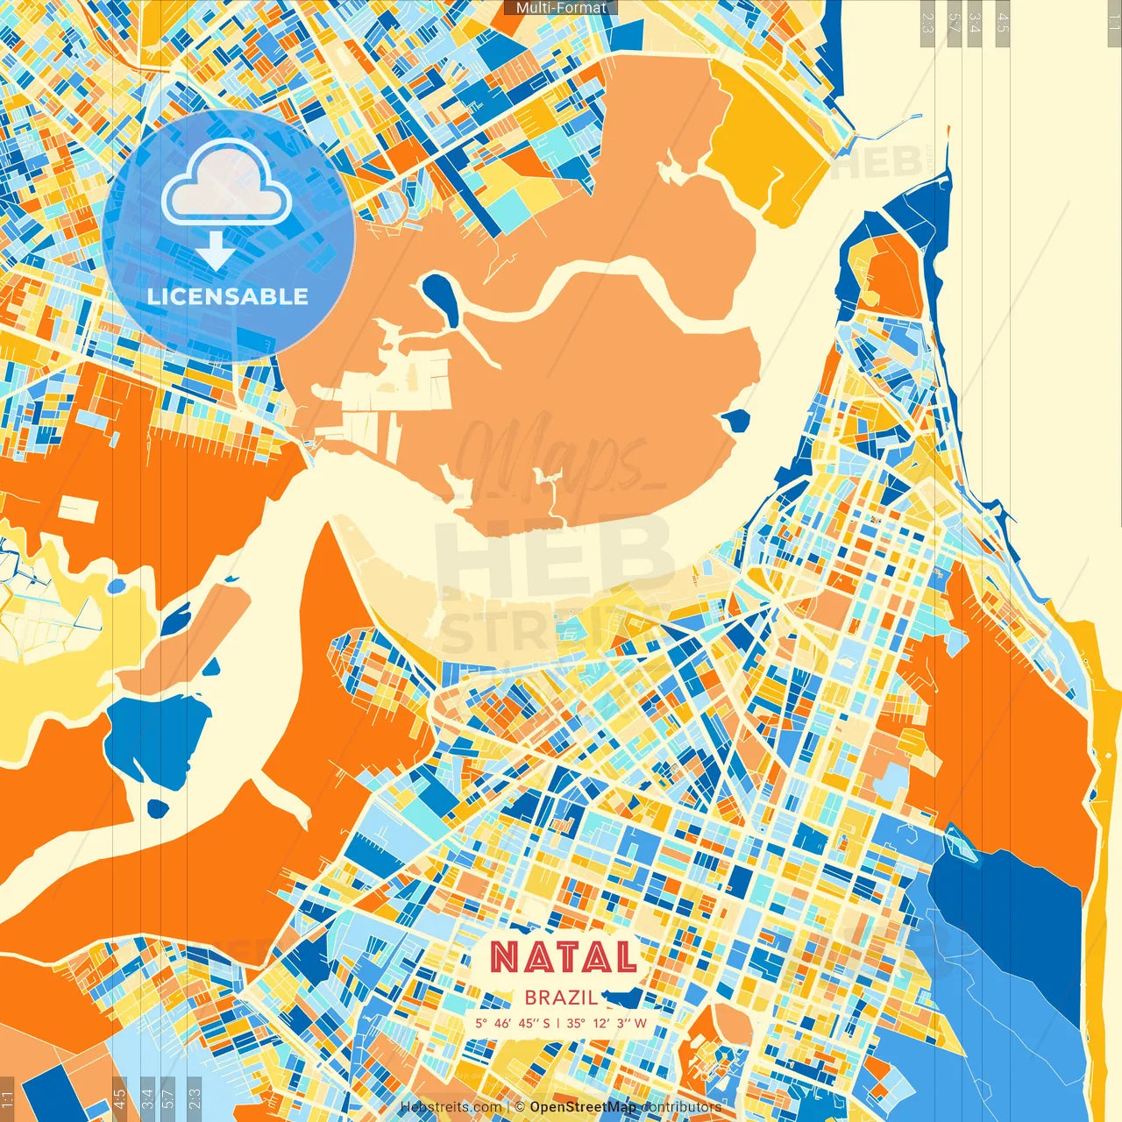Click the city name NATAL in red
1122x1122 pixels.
[x=563, y=957]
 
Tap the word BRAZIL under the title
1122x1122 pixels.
[x=561, y=998]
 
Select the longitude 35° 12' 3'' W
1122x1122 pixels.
[x=606, y=1023]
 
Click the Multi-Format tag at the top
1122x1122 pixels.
[x=561, y=8]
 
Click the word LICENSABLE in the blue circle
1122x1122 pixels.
[x=228, y=296]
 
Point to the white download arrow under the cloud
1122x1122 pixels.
[x=215, y=251]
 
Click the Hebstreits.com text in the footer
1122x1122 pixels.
[x=451, y=1107]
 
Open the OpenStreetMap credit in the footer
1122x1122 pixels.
[x=583, y=1107]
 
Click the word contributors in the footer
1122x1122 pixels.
[x=681, y=1107]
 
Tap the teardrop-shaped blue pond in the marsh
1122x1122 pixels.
[x=439, y=295]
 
